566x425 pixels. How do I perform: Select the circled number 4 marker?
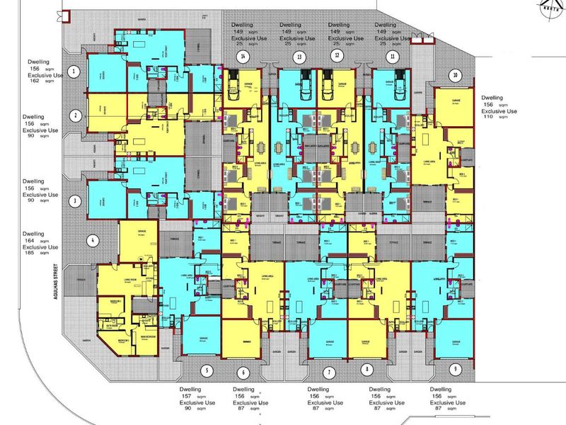[x=92, y=239]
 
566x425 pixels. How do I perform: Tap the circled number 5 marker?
[x=207, y=370]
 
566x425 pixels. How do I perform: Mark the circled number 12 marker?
[x=337, y=55]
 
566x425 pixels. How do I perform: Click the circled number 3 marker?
[x=74, y=200]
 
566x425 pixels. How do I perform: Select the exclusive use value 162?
[x=33, y=81]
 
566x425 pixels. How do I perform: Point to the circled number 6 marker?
[x=243, y=372]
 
